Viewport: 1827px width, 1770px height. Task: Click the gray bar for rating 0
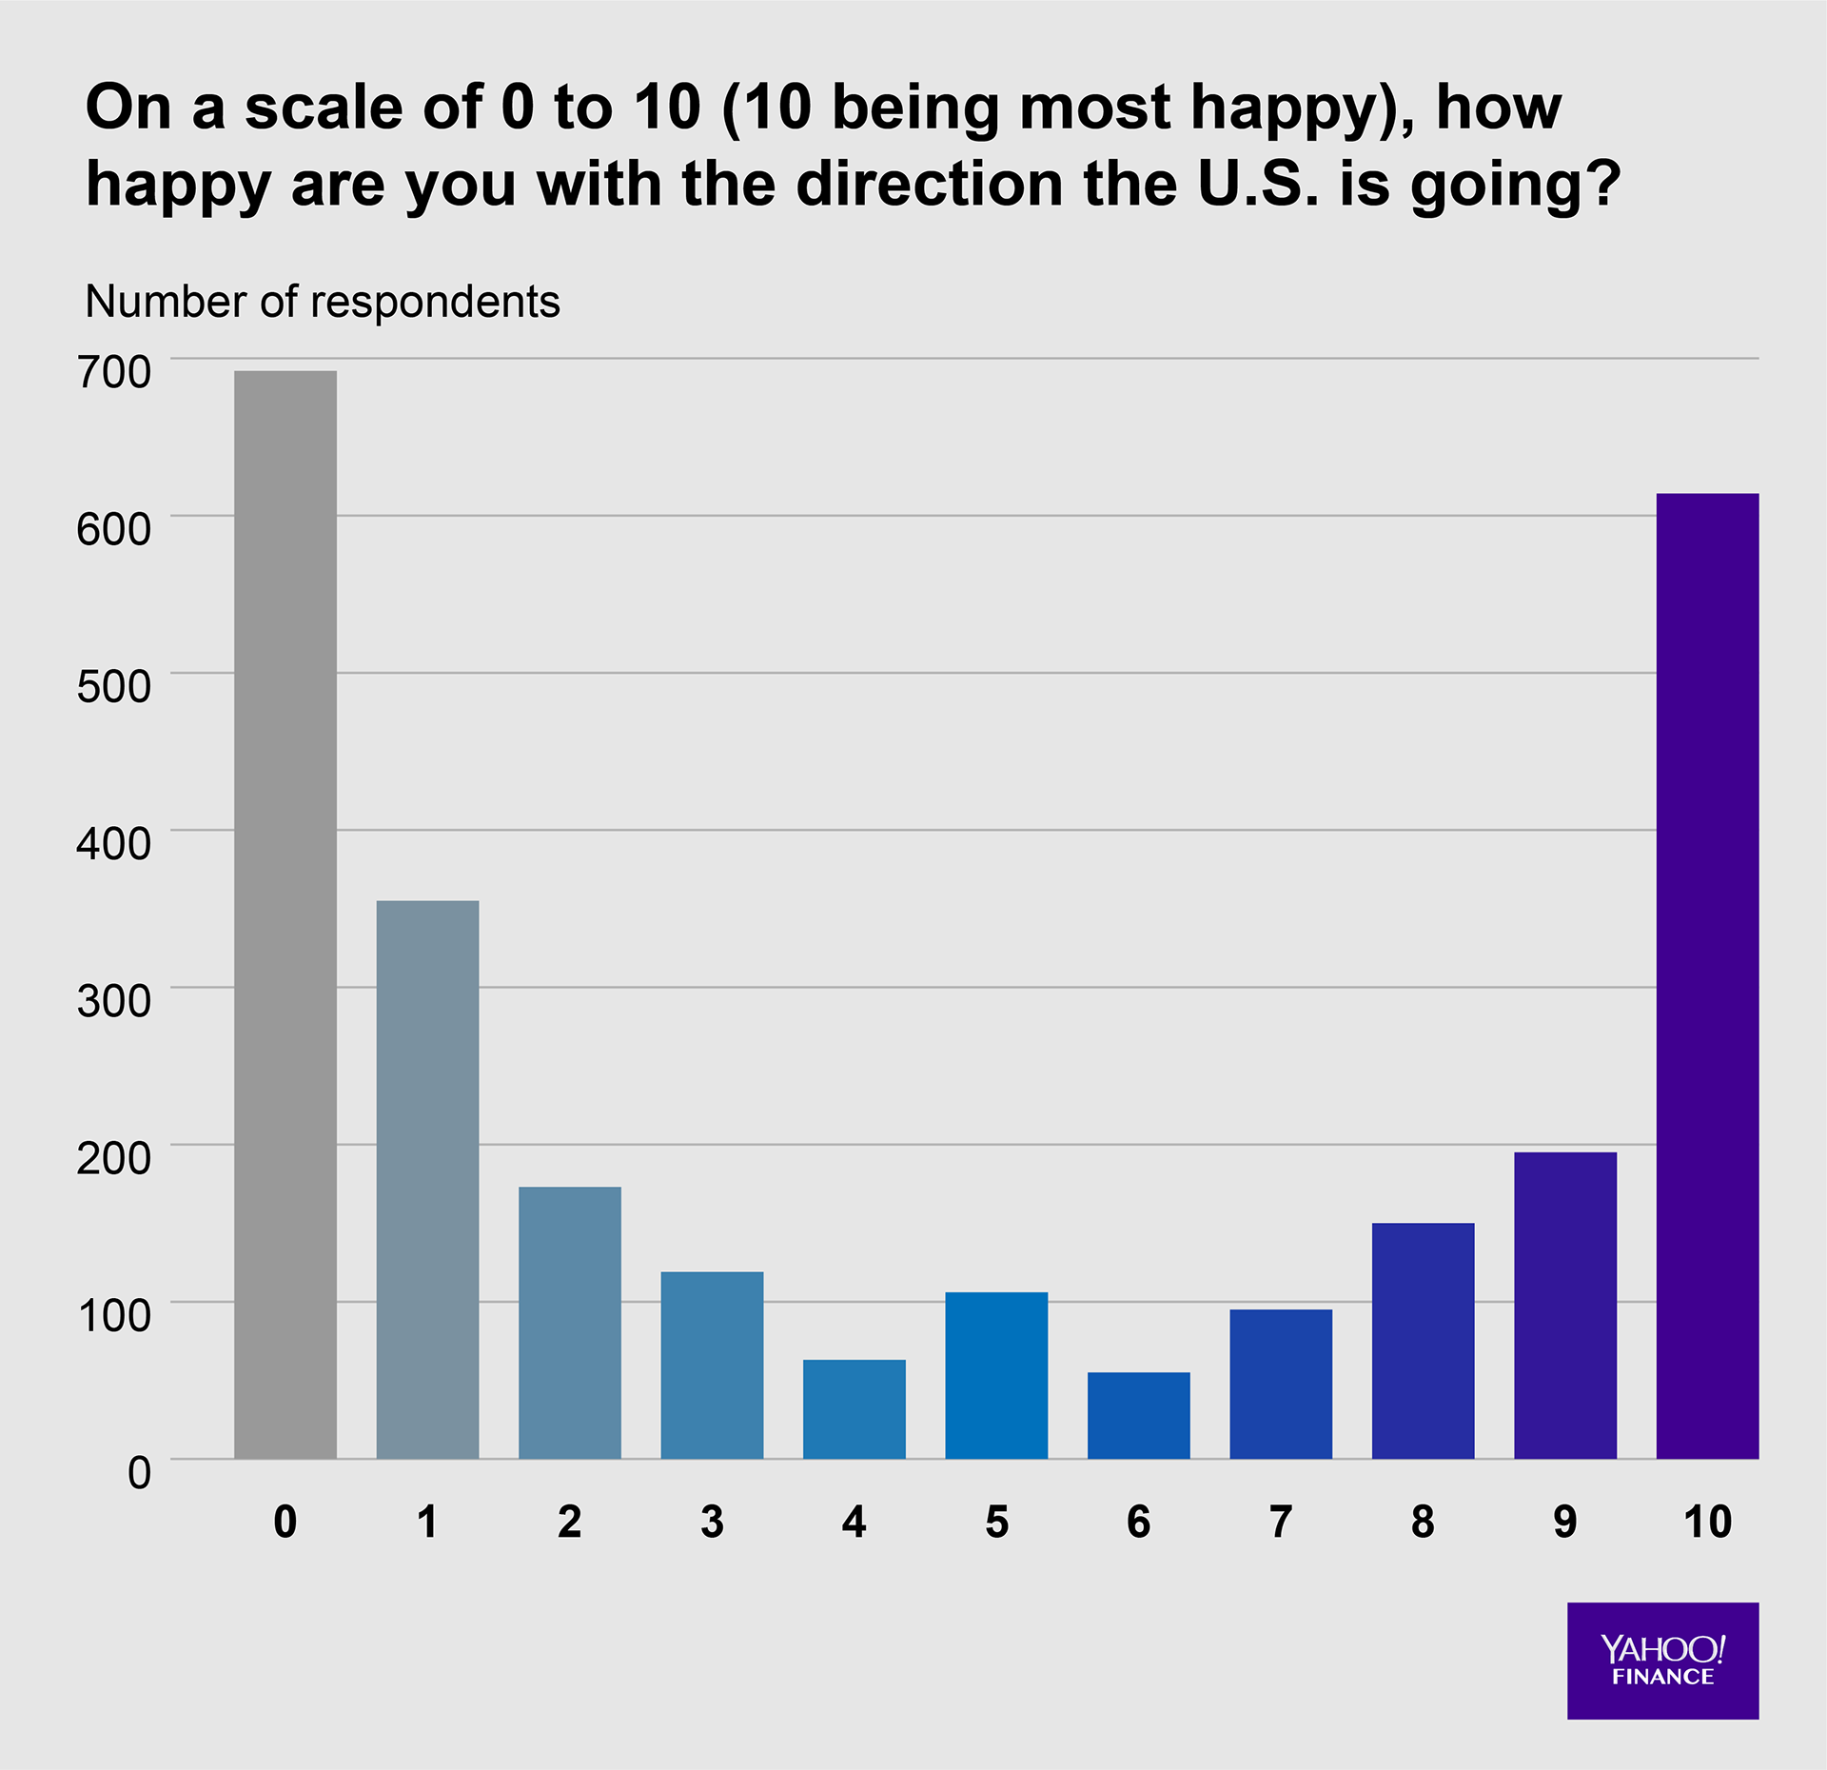click(285, 914)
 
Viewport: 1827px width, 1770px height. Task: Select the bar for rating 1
click(427, 1179)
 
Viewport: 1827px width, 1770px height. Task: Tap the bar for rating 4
click(854, 1409)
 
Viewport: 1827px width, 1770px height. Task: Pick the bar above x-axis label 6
click(1138, 1415)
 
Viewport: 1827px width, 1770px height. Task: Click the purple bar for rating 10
click(1707, 975)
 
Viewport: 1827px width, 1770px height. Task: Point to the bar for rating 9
click(1564, 1305)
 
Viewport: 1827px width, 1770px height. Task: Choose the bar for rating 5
click(996, 1375)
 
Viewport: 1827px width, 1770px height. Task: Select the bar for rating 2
click(569, 1323)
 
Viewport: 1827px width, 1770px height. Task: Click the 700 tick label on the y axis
click(113, 372)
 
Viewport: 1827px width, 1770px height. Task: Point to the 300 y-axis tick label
click(113, 1001)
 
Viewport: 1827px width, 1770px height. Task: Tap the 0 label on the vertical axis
click(139, 1473)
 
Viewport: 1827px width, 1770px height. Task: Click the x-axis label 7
click(1281, 1523)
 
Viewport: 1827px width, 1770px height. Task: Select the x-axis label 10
click(1707, 1523)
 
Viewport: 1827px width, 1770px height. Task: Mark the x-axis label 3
click(712, 1523)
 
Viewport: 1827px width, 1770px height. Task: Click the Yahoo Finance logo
click(1662, 1661)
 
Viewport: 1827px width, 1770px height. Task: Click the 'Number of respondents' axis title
click(323, 302)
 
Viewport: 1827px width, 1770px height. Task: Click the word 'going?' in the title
click(1515, 186)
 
